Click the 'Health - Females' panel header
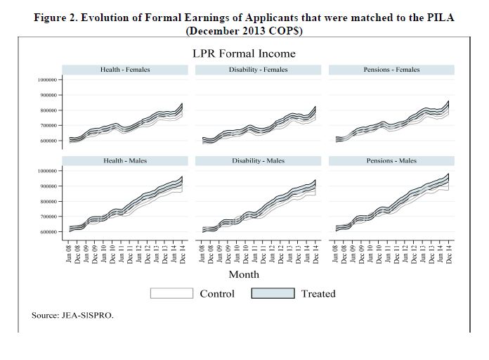point(125,70)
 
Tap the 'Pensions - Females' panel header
point(391,70)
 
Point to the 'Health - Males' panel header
point(125,161)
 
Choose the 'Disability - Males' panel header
point(258,161)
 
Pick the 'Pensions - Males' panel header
point(391,161)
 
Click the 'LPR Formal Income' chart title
point(244,53)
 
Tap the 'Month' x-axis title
point(244,274)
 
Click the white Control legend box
point(172,293)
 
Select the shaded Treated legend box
point(273,293)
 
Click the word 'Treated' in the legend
point(318,293)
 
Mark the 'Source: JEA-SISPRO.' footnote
point(72,315)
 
